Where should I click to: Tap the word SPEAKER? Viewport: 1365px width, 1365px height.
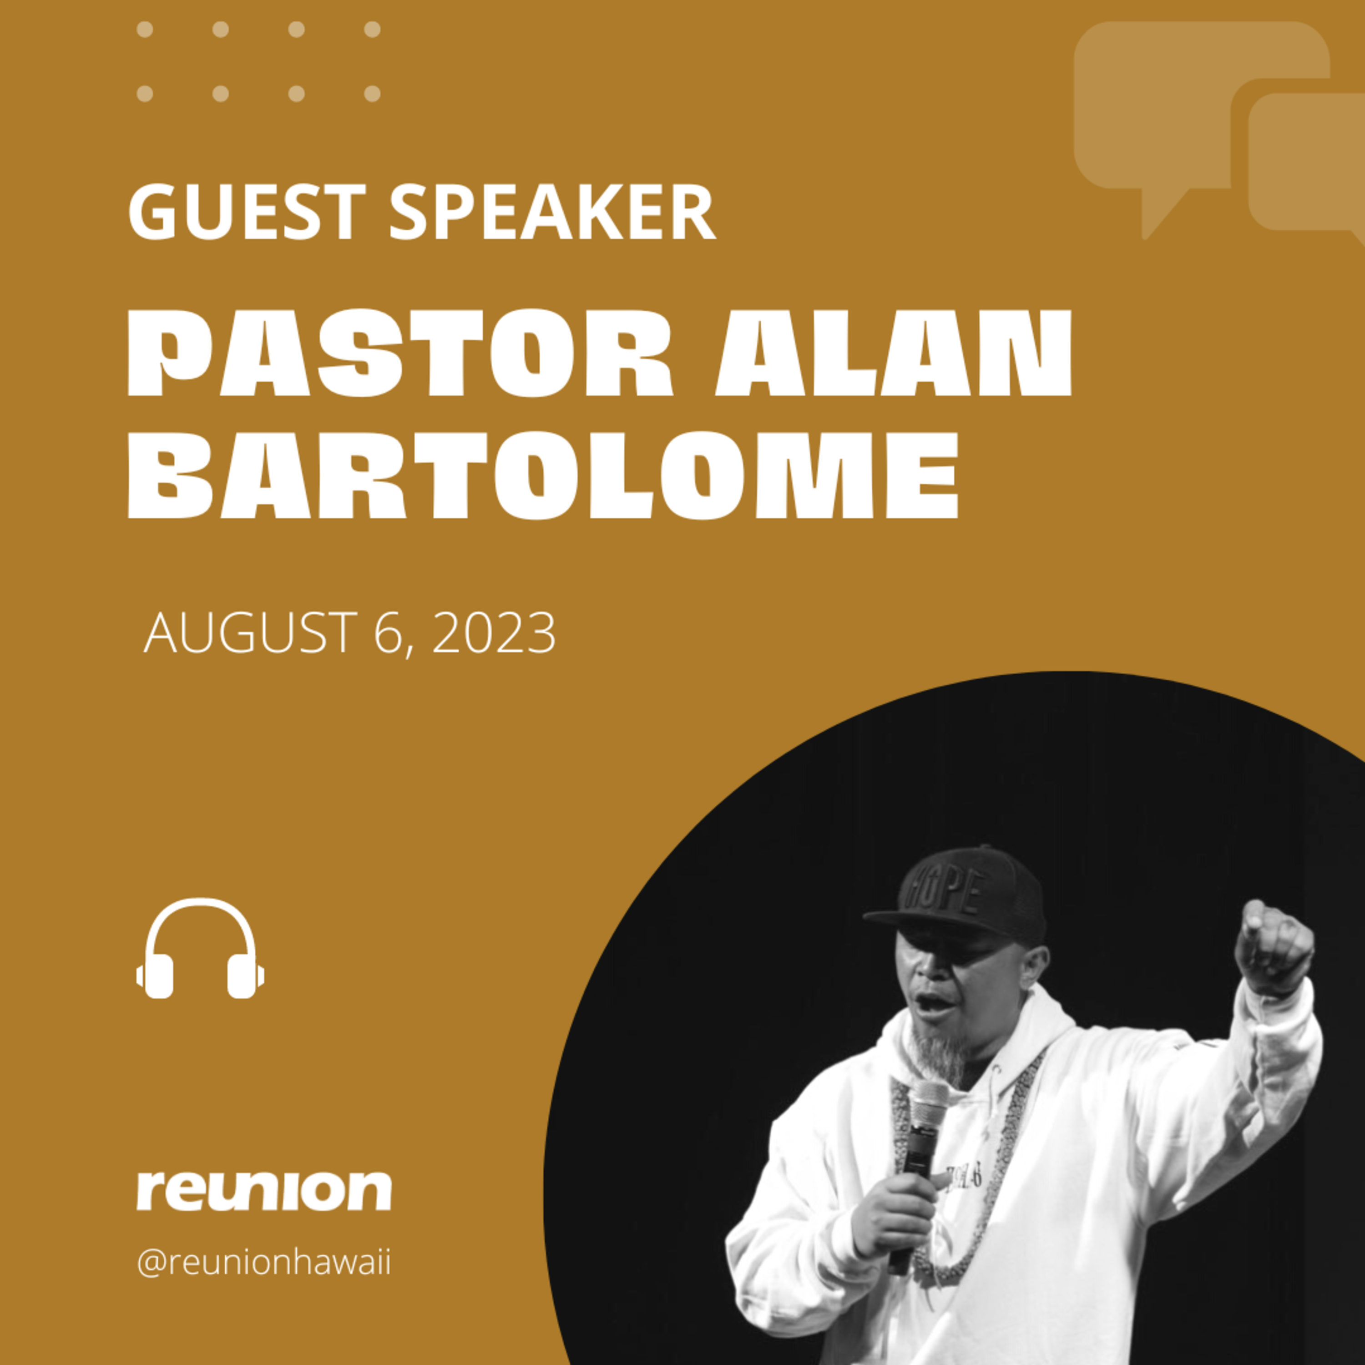pos(552,212)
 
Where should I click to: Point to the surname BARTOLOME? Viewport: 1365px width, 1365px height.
pos(543,476)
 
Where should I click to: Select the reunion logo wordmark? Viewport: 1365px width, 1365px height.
pos(263,1190)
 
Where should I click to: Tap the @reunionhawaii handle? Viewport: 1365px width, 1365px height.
pos(263,1263)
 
